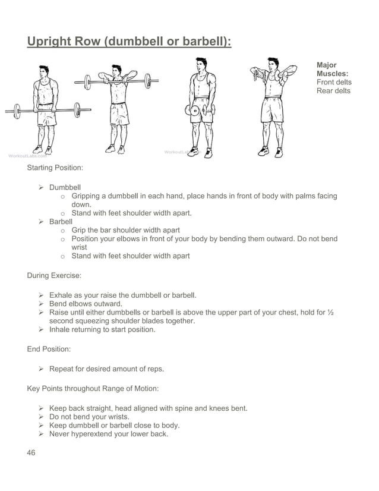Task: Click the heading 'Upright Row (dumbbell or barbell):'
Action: click(129, 42)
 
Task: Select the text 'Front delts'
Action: click(334, 82)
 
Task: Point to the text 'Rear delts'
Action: click(333, 91)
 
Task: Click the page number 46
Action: click(31, 452)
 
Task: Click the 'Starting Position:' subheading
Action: click(55, 168)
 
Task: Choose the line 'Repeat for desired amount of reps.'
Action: click(106, 369)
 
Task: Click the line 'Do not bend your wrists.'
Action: click(89, 417)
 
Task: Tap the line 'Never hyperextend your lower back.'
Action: click(109, 434)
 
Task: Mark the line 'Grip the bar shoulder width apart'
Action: click(125, 230)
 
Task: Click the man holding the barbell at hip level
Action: click(45, 110)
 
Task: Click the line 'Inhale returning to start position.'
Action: click(102, 329)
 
